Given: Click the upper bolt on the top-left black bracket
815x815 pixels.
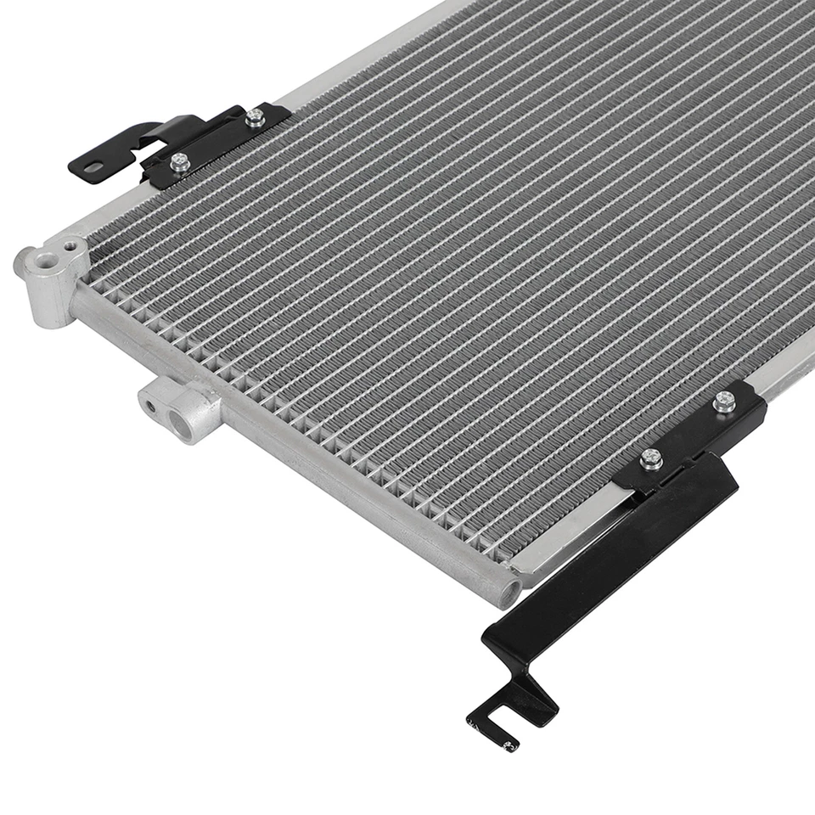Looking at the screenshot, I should tap(255, 117).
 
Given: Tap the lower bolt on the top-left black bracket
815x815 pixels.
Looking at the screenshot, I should tap(179, 161).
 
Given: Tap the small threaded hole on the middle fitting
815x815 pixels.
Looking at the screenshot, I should tap(150, 406).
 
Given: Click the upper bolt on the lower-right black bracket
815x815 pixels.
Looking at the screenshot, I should tap(724, 402).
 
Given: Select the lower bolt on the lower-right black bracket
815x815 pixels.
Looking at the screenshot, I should tap(651, 459).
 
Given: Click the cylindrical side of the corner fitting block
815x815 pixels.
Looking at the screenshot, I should tap(51, 297).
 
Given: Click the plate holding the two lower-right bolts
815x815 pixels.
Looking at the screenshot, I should tap(692, 433).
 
